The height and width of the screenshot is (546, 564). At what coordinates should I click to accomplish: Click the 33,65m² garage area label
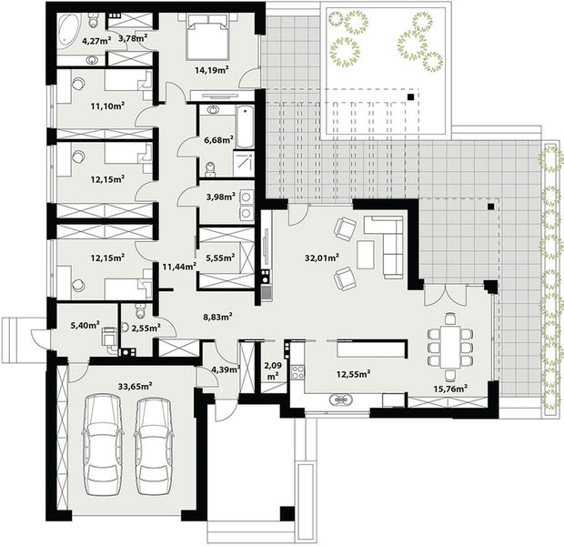[134, 386]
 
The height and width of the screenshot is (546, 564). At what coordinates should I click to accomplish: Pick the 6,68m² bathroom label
[218, 140]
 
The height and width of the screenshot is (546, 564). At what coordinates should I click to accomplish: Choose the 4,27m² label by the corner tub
[96, 41]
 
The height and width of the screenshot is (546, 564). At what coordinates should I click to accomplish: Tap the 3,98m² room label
[220, 196]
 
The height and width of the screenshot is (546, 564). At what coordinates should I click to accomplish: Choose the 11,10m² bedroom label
[107, 105]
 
